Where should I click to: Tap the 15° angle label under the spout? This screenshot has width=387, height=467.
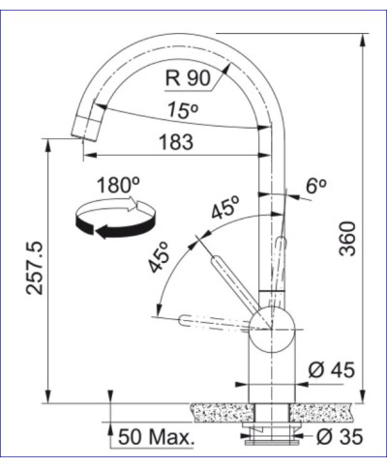pyautogui.click(x=178, y=108)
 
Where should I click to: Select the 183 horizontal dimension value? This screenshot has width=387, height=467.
pyautogui.click(x=175, y=141)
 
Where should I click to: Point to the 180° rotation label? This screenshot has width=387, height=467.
pyautogui.click(x=117, y=185)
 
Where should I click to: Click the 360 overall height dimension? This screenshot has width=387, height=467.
pyautogui.click(x=350, y=240)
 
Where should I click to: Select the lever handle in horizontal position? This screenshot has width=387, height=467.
pyautogui.click(x=208, y=318)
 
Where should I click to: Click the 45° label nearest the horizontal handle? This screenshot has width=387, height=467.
pyautogui.click(x=159, y=258)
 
